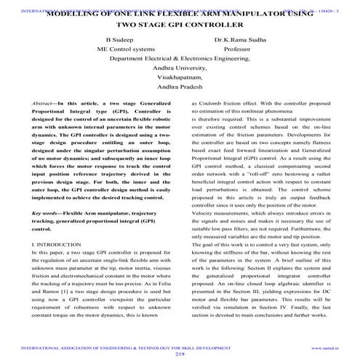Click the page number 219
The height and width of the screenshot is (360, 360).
[x=180, y=354]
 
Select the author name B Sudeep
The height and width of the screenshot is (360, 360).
[x=119, y=41]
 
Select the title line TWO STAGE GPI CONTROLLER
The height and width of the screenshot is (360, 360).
[x=180, y=23]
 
